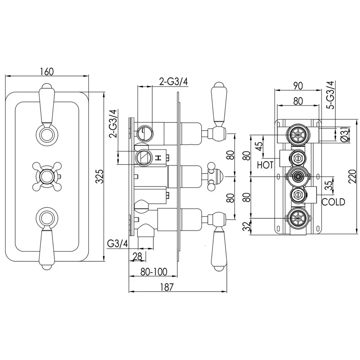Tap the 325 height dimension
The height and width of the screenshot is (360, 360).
click(x=99, y=176)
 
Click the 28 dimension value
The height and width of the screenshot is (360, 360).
click(x=138, y=256)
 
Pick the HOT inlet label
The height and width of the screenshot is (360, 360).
click(x=265, y=165)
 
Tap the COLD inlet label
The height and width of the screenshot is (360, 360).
click(x=333, y=202)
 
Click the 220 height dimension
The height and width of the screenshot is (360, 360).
click(x=352, y=176)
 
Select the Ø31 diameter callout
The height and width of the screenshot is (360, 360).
click(x=345, y=135)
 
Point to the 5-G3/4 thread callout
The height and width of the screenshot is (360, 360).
click(x=331, y=95)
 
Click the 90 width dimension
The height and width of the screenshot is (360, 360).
click(x=298, y=86)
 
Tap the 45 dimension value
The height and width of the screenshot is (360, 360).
click(x=259, y=146)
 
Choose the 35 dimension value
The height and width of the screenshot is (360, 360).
click(x=329, y=185)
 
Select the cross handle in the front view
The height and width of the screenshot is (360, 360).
click(x=47, y=176)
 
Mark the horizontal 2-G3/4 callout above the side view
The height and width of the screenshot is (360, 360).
click(x=174, y=82)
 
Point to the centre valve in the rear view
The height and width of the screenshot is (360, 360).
click(x=298, y=176)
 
